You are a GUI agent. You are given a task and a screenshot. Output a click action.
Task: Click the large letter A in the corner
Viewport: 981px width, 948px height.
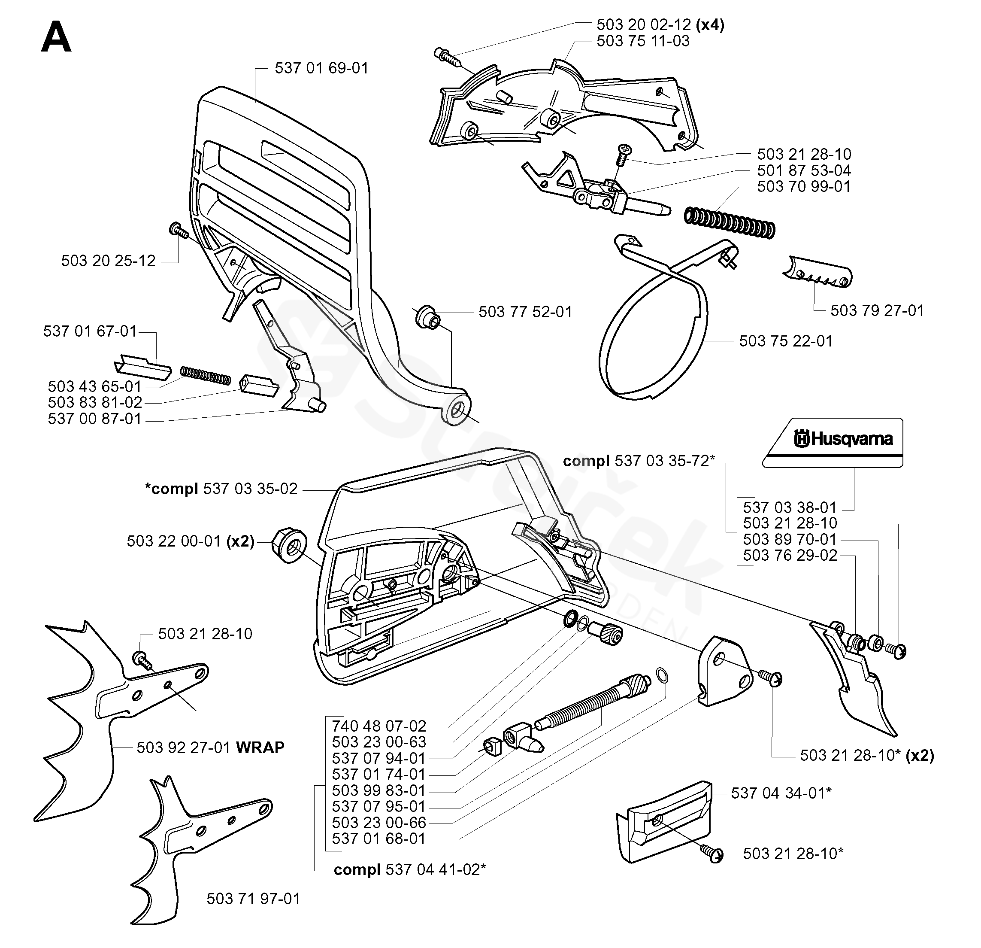point(56,39)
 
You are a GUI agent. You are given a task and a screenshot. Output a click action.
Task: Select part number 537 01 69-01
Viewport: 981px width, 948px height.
point(321,68)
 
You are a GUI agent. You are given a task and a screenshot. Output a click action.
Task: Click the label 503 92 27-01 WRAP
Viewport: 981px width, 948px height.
point(210,747)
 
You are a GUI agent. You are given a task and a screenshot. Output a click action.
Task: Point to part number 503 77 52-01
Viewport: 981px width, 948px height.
point(525,312)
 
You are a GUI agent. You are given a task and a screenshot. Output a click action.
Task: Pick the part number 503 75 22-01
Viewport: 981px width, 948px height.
point(786,341)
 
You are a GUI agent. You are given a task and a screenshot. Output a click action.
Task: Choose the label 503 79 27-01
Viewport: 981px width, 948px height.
point(877,310)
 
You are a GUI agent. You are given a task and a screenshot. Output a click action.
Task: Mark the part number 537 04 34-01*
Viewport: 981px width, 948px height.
point(781,793)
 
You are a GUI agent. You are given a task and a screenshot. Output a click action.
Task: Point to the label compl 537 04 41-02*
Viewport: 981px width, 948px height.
point(409,869)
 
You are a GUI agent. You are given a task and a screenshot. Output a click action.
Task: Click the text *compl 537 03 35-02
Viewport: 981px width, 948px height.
point(221,489)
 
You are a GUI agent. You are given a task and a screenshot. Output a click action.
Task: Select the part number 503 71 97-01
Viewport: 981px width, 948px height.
point(253,899)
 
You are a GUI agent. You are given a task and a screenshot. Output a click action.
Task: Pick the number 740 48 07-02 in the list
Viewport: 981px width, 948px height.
point(379,726)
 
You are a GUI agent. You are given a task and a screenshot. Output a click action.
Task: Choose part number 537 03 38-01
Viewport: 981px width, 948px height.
point(790,507)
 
